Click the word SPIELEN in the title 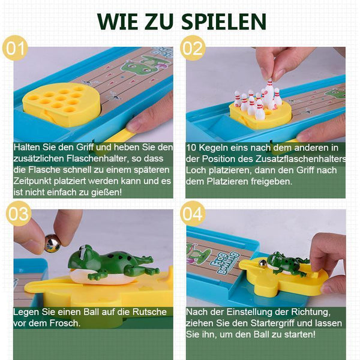point(224,22)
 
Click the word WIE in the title point(116,22)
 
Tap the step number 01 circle point(15,48)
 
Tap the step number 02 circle point(193,48)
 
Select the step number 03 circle point(19,214)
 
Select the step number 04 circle point(193,214)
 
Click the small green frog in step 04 point(287,263)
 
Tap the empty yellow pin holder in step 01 point(61,104)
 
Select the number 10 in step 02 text point(191,148)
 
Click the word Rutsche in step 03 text point(149,312)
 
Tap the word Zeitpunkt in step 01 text point(32,181)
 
